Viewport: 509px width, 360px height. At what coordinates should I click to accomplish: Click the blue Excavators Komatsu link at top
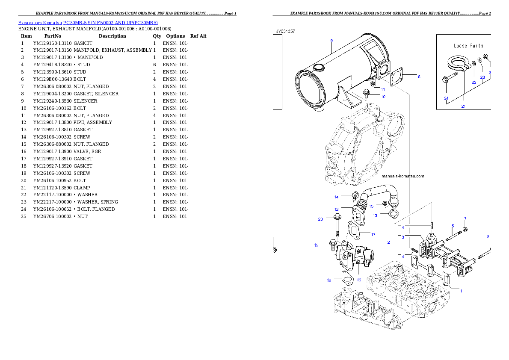pyautogui.click(x=88, y=23)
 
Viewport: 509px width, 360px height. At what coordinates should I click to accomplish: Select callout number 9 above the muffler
pyautogui.click(x=331, y=41)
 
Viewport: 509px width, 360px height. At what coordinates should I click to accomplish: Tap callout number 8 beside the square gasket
pyautogui.click(x=419, y=77)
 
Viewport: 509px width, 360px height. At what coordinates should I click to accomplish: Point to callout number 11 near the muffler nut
pyautogui.click(x=383, y=90)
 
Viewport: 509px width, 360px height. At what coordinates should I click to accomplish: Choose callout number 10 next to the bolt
pyautogui.click(x=383, y=97)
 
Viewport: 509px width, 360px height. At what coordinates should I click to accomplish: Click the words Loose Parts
pyautogui.click(x=468, y=46)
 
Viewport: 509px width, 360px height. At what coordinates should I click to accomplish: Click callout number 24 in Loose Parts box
pyautogui.click(x=446, y=98)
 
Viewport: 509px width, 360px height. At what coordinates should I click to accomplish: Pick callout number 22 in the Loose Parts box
pyautogui.click(x=474, y=82)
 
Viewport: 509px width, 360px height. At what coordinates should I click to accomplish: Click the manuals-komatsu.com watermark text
pyautogui.click(x=402, y=176)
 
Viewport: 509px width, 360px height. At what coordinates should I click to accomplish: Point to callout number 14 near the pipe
pyautogui.click(x=337, y=197)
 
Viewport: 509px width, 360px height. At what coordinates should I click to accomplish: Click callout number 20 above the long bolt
pyautogui.click(x=320, y=219)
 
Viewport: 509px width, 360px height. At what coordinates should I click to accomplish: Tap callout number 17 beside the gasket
pyautogui.click(x=373, y=234)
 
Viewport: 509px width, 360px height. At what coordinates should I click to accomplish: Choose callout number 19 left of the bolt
pyautogui.click(x=317, y=245)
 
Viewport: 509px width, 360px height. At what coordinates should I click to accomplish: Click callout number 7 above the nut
pyautogui.click(x=465, y=219)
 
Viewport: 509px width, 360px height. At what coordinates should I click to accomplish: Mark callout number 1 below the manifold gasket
pyautogui.click(x=461, y=290)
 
